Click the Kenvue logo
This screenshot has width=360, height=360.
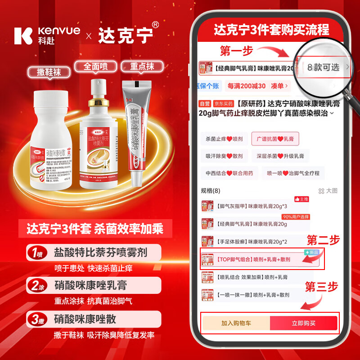tap(47, 35)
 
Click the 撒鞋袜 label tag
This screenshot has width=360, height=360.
tap(49, 72)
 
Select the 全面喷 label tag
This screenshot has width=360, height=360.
tap(95, 67)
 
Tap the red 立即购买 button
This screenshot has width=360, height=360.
tap(303, 323)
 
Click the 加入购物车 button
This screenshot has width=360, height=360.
tap(236, 323)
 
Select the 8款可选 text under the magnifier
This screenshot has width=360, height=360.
tap(324, 67)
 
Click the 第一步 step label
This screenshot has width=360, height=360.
tap(236, 50)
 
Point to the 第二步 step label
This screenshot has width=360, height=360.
tap(323, 240)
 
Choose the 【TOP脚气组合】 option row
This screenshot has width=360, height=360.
tap(260, 260)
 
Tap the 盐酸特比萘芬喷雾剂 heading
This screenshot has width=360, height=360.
tap(100, 251)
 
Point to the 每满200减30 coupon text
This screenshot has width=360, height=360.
tap(247, 85)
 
